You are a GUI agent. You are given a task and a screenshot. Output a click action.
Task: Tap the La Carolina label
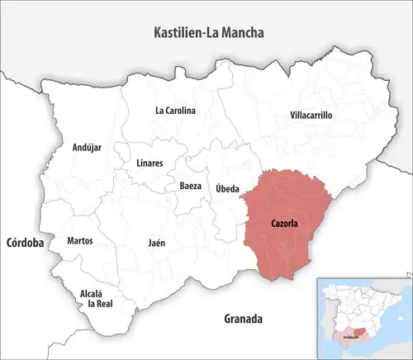tap(175, 110)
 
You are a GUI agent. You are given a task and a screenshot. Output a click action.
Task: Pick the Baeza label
tap(190, 187)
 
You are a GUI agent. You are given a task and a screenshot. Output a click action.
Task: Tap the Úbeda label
tap(227, 189)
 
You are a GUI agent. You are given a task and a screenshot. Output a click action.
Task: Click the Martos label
tap(79, 241)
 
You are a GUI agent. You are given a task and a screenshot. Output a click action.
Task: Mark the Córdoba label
tap(24, 244)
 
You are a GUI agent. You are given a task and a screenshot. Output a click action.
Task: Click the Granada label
tap(243, 318)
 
